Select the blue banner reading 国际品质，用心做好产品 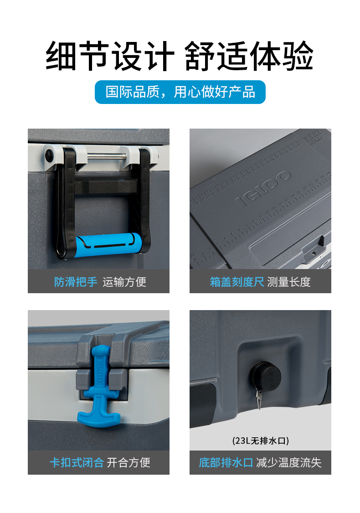pos(180,92)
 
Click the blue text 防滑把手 pos(76,282)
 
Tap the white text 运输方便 pos(124,282)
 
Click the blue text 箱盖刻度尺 pos(237,282)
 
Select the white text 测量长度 pos(289,282)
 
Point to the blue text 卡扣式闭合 pos(77,463)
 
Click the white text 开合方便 pos(129,463)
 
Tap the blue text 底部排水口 pos(226,463)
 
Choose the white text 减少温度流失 pos(289,463)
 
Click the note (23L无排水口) pos(261,440)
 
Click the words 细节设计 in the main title pos(110,56)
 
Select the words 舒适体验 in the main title pos(249,56)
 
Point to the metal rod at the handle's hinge pos(107,156)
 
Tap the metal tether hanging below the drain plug pos(259,399)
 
